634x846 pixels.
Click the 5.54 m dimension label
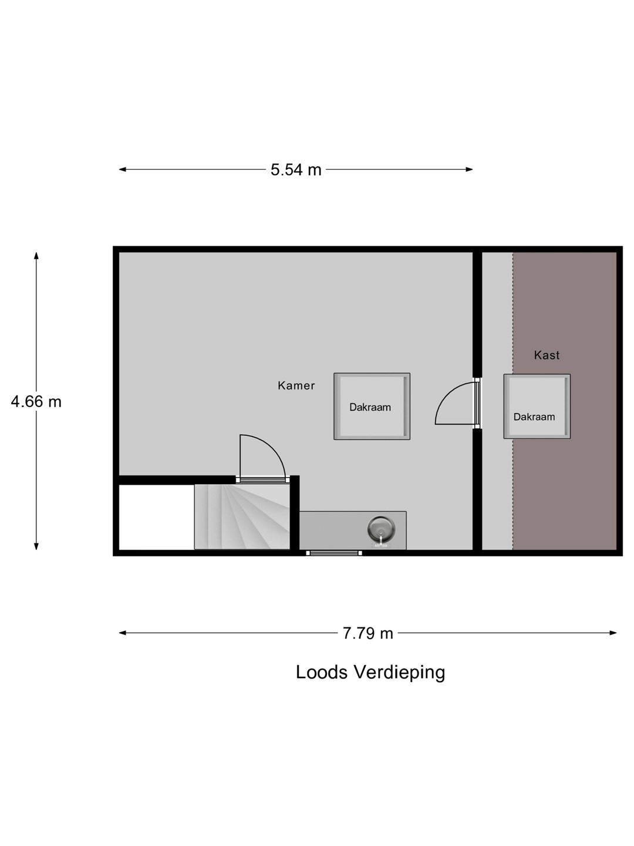pyautogui.click(x=296, y=170)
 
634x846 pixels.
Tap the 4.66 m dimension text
pyautogui.click(x=36, y=402)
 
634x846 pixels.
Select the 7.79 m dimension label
pyautogui.click(x=368, y=633)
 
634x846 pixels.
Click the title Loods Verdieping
pyautogui.click(x=370, y=673)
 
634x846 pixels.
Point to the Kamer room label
pyautogui.click(x=296, y=385)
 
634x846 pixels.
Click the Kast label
pyautogui.click(x=547, y=355)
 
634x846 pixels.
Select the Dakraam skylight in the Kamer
pyautogui.click(x=372, y=406)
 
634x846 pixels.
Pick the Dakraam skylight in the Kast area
pyautogui.click(x=537, y=406)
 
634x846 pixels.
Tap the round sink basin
pyautogui.click(x=381, y=528)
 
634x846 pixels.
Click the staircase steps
pyautogui.click(x=242, y=516)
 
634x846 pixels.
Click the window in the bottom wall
pyautogui.click(x=334, y=553)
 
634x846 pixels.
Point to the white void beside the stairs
pyautogui.click(x=156, y=517)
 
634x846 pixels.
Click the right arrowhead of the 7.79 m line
pyautogui.click(x=613, y=633)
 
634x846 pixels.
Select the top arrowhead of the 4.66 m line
pyautogui.click(x=36, y=256)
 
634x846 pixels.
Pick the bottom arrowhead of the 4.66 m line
pyautogui.click(x=36, y=546)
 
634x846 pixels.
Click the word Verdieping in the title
pyautogui.click(x=399, y=673)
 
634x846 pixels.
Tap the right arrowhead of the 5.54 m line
pyautogui.click(x=469, y=169)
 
